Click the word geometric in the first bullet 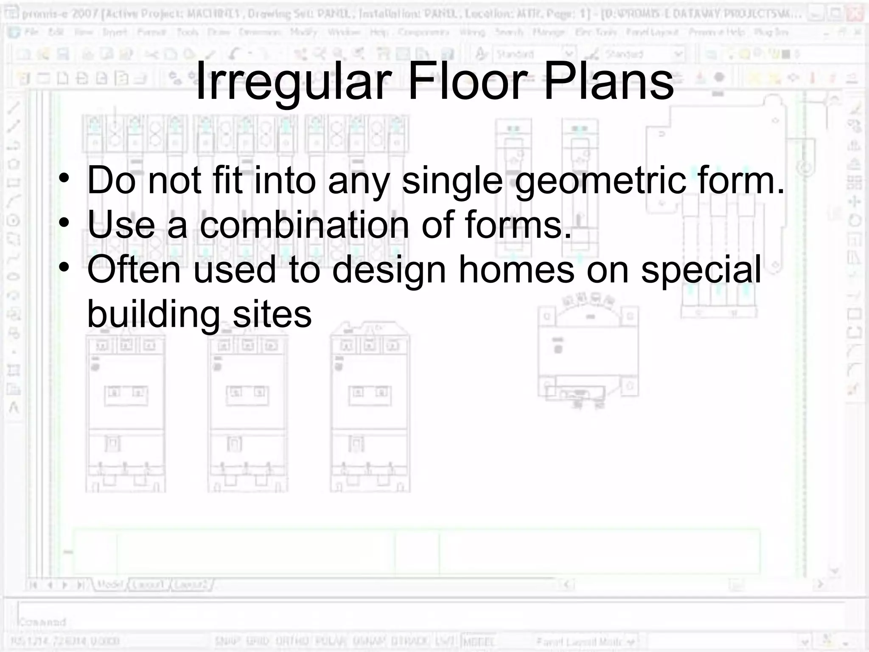pyautogui.click(x=600, y=181)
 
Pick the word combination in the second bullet pyautogui.click(x=304, y=225)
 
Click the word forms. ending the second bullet pyautogui.click(x=518, y=225)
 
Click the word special pyautogui.click(x=701, y=270)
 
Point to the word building pyautogui.click(x=154, y=315)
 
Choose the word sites pyautogui.click(x=272, y=315)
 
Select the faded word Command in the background pyautogui.click(x=42, y=622)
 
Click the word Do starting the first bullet pyautogui.click(x=111, y=181)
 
